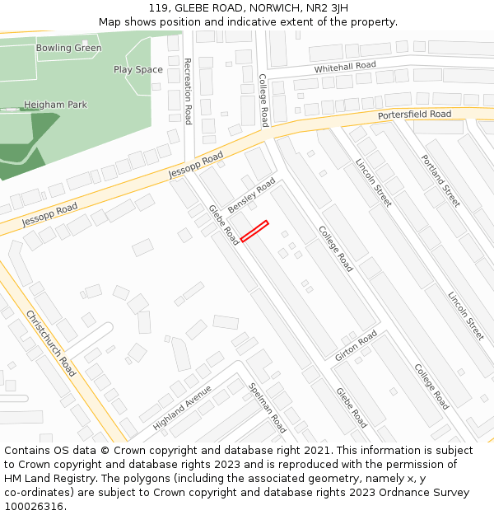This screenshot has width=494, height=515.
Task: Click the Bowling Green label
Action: pos(68,48)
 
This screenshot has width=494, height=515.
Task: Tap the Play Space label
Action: pos(138,69)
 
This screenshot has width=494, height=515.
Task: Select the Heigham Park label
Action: pos(55,105)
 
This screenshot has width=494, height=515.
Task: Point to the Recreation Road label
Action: pos(188,91)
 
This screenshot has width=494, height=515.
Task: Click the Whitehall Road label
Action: pos(344,66)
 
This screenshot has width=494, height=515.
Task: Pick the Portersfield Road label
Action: pos(414,115)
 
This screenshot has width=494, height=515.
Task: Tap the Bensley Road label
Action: pos(251,194)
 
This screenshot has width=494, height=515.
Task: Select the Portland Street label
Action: pos(440,180)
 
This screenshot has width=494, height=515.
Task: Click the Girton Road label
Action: pos(357,345)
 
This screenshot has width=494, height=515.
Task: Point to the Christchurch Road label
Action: pos(51,343)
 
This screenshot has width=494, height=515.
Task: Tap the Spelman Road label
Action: pos(267,407)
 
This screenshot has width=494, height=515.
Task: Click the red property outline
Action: pos(254,231)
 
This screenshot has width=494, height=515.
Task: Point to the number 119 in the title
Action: pos(160,7)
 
